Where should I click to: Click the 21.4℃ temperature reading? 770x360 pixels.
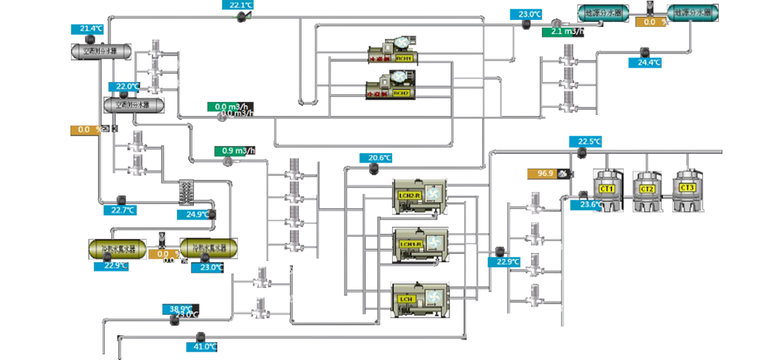91,29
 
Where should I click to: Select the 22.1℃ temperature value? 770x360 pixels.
241,5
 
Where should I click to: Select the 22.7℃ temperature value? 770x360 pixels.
123,210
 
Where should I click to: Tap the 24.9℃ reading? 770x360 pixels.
197,213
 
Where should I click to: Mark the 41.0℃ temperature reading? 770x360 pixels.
205,346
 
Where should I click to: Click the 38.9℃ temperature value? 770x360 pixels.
181,309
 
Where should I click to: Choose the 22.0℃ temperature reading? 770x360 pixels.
128,86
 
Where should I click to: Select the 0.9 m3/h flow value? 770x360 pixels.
238,150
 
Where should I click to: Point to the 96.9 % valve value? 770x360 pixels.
546,173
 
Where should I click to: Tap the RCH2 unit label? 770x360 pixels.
401,92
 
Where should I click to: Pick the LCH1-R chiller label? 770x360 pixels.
409,244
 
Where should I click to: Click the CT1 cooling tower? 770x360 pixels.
607,188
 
